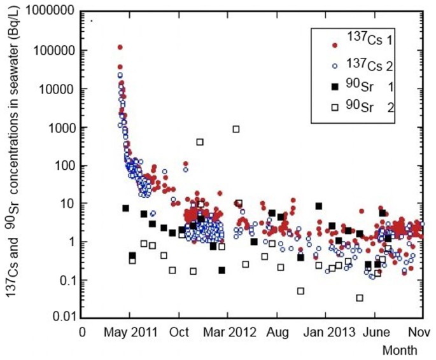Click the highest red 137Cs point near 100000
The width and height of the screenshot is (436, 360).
point(120,47)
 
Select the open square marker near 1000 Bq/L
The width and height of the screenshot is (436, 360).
point(236,129)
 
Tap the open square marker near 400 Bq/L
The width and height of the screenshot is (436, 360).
point(200,142)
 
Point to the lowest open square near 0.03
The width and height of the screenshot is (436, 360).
point(360,298)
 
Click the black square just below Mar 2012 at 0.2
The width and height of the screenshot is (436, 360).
point(222,270)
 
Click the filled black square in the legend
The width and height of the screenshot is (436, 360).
point(335,87)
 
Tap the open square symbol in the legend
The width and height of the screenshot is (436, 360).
point(335,109)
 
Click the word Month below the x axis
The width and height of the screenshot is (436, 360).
point(400,350)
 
